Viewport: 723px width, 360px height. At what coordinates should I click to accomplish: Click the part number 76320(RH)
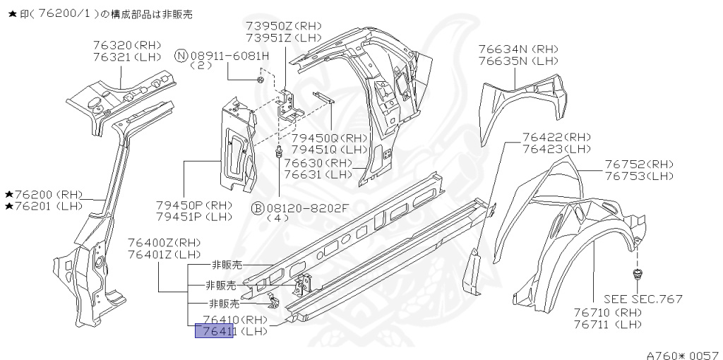coord(127,44)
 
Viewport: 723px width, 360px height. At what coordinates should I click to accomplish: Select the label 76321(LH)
coord(127,56)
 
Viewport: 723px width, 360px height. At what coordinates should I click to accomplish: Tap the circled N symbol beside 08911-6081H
coord(181,55)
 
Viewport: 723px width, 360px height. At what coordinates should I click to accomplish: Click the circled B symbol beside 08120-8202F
coord(258,208)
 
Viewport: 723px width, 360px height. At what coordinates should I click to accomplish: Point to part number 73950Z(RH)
coord(283,26)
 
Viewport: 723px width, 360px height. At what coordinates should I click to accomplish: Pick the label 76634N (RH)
coord(518,49)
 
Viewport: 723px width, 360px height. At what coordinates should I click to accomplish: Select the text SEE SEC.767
coord(643,299)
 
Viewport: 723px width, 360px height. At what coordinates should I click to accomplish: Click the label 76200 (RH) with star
coord(44,194)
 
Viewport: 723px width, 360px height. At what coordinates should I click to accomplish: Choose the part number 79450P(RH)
coord(194,205)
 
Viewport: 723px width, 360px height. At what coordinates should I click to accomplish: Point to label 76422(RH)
coord(556,137)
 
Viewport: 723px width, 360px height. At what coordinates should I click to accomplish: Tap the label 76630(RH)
coord(318,163)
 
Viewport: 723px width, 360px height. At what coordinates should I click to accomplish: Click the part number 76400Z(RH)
coord(164,243)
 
